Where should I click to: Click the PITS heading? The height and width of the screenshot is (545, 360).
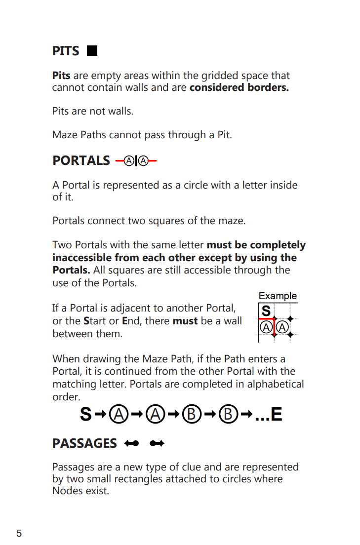[x=66, y=51]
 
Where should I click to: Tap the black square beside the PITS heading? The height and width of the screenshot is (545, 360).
[x=91, y=51]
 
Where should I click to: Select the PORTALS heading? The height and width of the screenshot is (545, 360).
[x=81, y=161]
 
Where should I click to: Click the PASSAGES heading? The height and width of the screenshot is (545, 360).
[x=84, y=443]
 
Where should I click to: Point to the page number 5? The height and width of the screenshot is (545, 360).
[x=19, y=533]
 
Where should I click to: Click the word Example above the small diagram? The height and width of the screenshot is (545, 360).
[x=278, y=296]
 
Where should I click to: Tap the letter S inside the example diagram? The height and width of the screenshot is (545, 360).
[x=266, y=311]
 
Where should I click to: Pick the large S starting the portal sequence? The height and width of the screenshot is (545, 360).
[x=86, y=414]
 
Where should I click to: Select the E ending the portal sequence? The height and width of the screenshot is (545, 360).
[x=276, y=414]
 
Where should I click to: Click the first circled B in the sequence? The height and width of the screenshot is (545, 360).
[x=191, y=414]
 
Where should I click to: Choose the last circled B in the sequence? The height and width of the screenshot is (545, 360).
[x=228, y=414]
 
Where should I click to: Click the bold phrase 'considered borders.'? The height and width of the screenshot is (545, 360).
[x=239, y=88]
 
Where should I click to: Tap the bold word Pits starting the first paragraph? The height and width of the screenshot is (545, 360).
[x=61, y=76]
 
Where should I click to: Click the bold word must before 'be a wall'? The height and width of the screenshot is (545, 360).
[x=185, y=321]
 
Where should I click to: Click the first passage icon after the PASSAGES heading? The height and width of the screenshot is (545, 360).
[x=131, y=444]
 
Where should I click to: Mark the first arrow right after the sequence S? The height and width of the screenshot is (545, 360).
[x=100, y=414]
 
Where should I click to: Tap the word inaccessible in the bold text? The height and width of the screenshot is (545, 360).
[x=82, y=258]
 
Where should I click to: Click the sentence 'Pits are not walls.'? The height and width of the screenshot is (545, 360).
[x=93, y=112]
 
